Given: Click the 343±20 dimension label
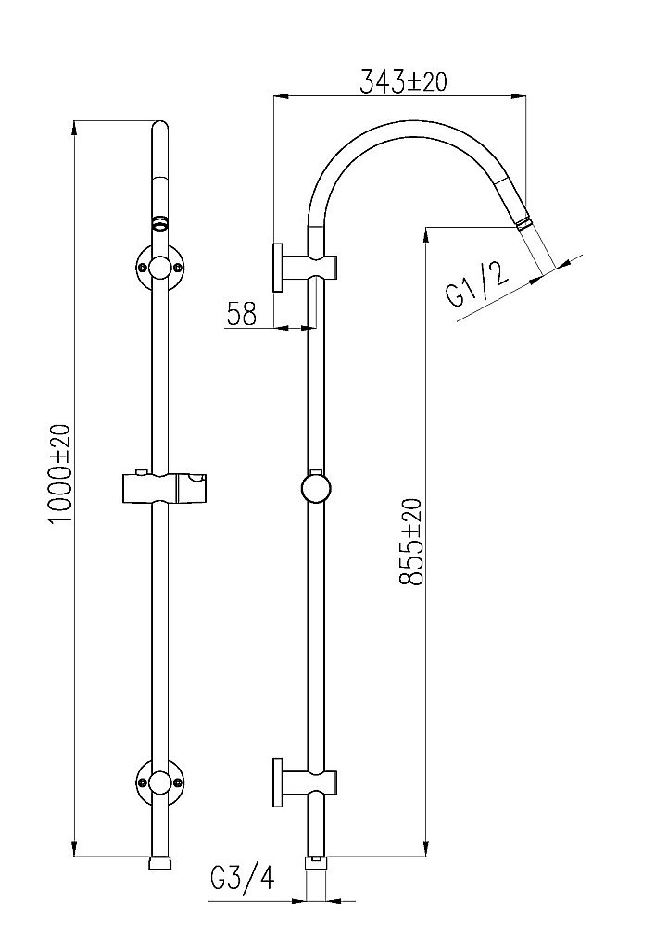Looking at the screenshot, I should (403, 82).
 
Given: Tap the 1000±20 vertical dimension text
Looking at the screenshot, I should (60, 474).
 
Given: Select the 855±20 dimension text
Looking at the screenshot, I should (409, 542).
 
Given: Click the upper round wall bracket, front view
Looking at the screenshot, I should (160, 269).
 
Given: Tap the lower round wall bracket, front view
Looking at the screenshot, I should (160, 782).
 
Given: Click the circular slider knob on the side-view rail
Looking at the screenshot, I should (316, 487).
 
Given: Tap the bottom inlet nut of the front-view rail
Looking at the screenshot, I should (160, 863).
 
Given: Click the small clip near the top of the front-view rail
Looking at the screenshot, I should (160, 222).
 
